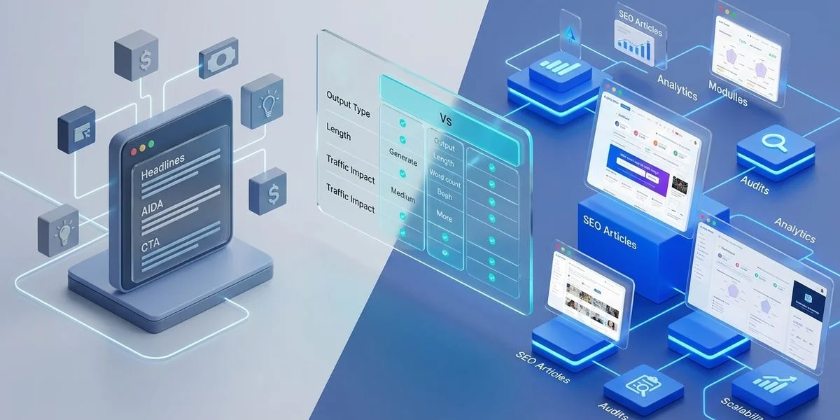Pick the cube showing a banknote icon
218,62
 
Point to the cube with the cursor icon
76,129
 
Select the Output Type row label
348,103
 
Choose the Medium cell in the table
402,199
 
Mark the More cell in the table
445,218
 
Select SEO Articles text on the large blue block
610,232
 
